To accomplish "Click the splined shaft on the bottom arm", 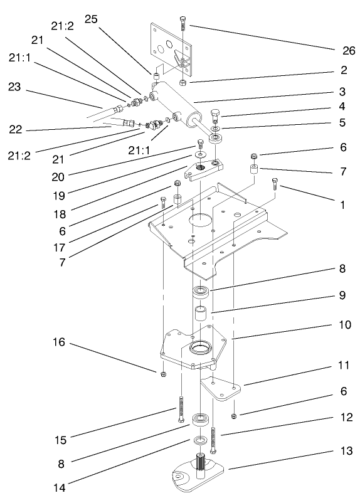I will [203, 466].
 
